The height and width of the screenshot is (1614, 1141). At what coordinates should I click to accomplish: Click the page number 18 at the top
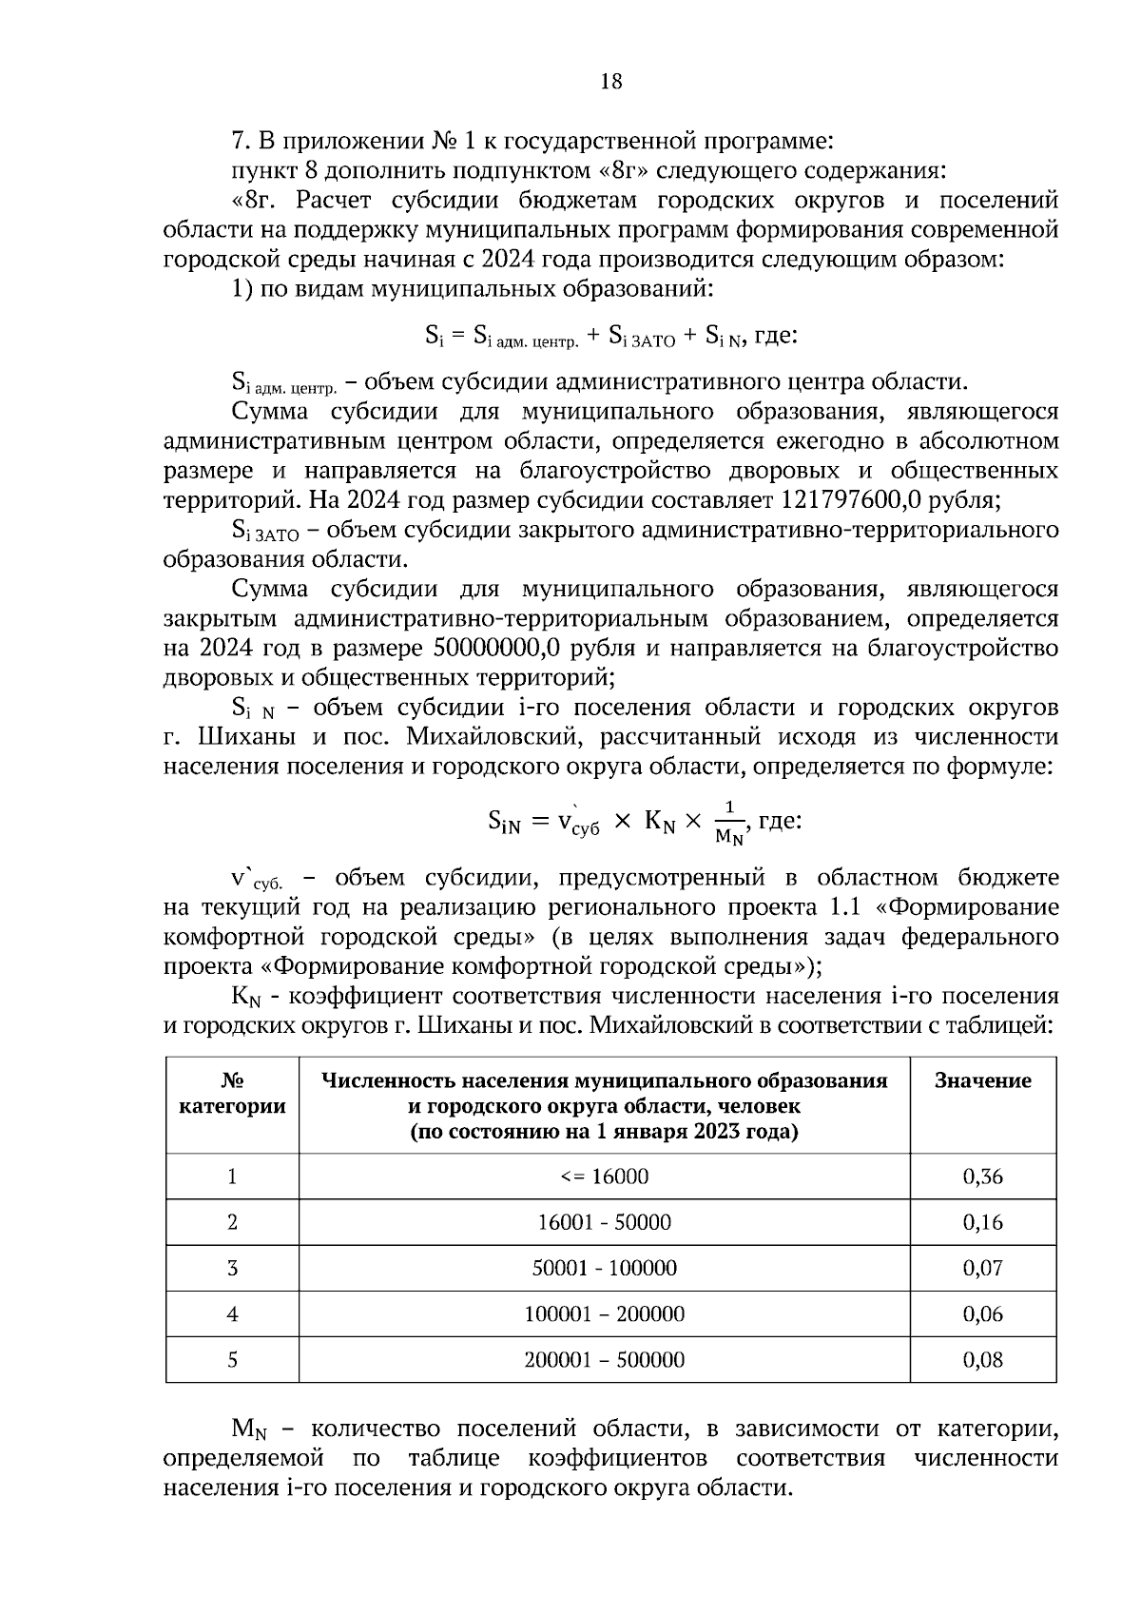tap(611, 82)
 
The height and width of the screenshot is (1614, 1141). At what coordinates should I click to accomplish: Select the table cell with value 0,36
tap(982, 1176)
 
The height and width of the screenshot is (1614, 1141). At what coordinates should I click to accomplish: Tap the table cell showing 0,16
tap(982, 1222)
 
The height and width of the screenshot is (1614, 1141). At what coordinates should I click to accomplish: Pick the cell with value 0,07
tap(982, 1268)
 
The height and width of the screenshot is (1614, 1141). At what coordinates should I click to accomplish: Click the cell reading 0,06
tap(982, 1313)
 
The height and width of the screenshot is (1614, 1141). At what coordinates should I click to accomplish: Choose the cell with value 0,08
tap(982, 1359)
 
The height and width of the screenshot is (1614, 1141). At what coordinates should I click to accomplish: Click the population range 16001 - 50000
tap(604, 1222)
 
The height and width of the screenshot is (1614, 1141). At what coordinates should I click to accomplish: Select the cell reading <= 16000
tap(604, 1176)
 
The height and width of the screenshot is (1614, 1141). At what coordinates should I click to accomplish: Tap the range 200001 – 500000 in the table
tap(604, 1359)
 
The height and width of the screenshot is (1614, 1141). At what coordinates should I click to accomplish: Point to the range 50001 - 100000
tap(604, 1268)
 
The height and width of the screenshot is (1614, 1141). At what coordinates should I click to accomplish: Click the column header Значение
tap(982, 1080)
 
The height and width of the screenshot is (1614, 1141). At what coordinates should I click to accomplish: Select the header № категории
tap(232, 1094)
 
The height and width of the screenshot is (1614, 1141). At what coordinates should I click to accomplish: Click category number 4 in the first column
tap(232, 1313)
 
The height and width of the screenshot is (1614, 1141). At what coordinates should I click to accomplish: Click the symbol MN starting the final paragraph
tap(249, 1429)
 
